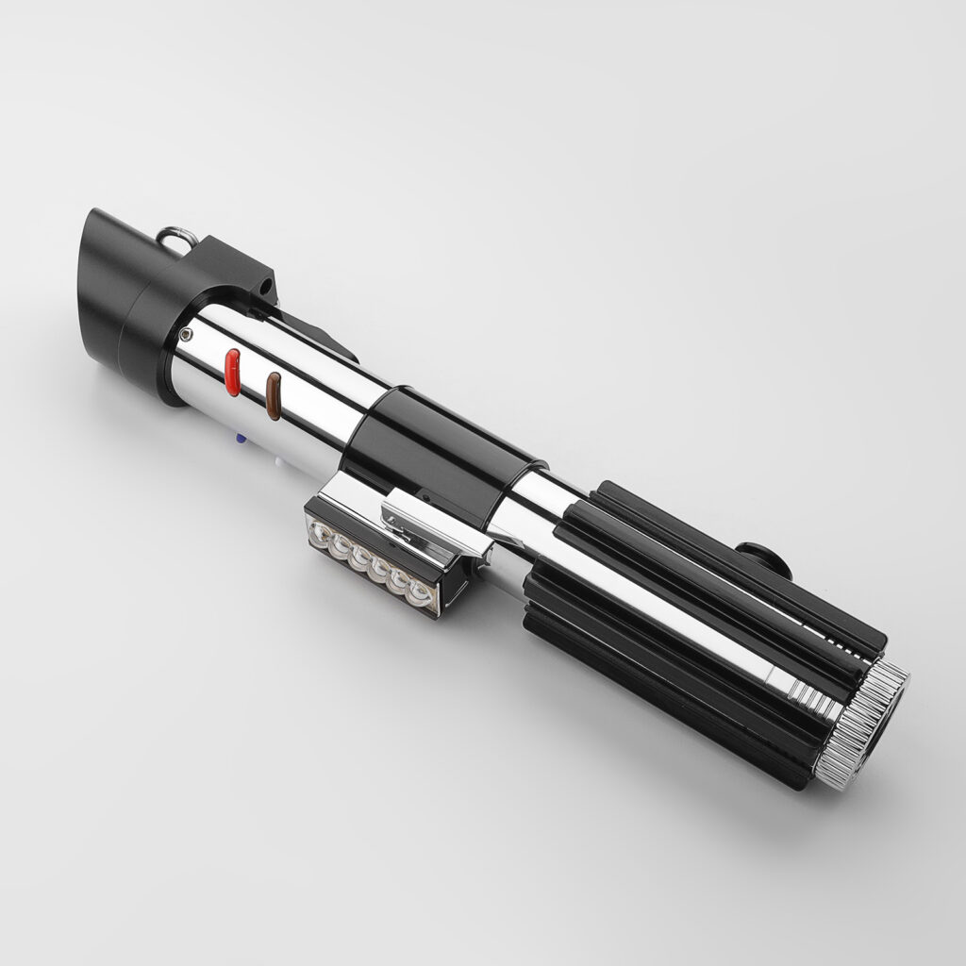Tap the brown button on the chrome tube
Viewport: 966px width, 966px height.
(274, 394)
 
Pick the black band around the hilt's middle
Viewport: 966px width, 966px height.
(443, 443)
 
